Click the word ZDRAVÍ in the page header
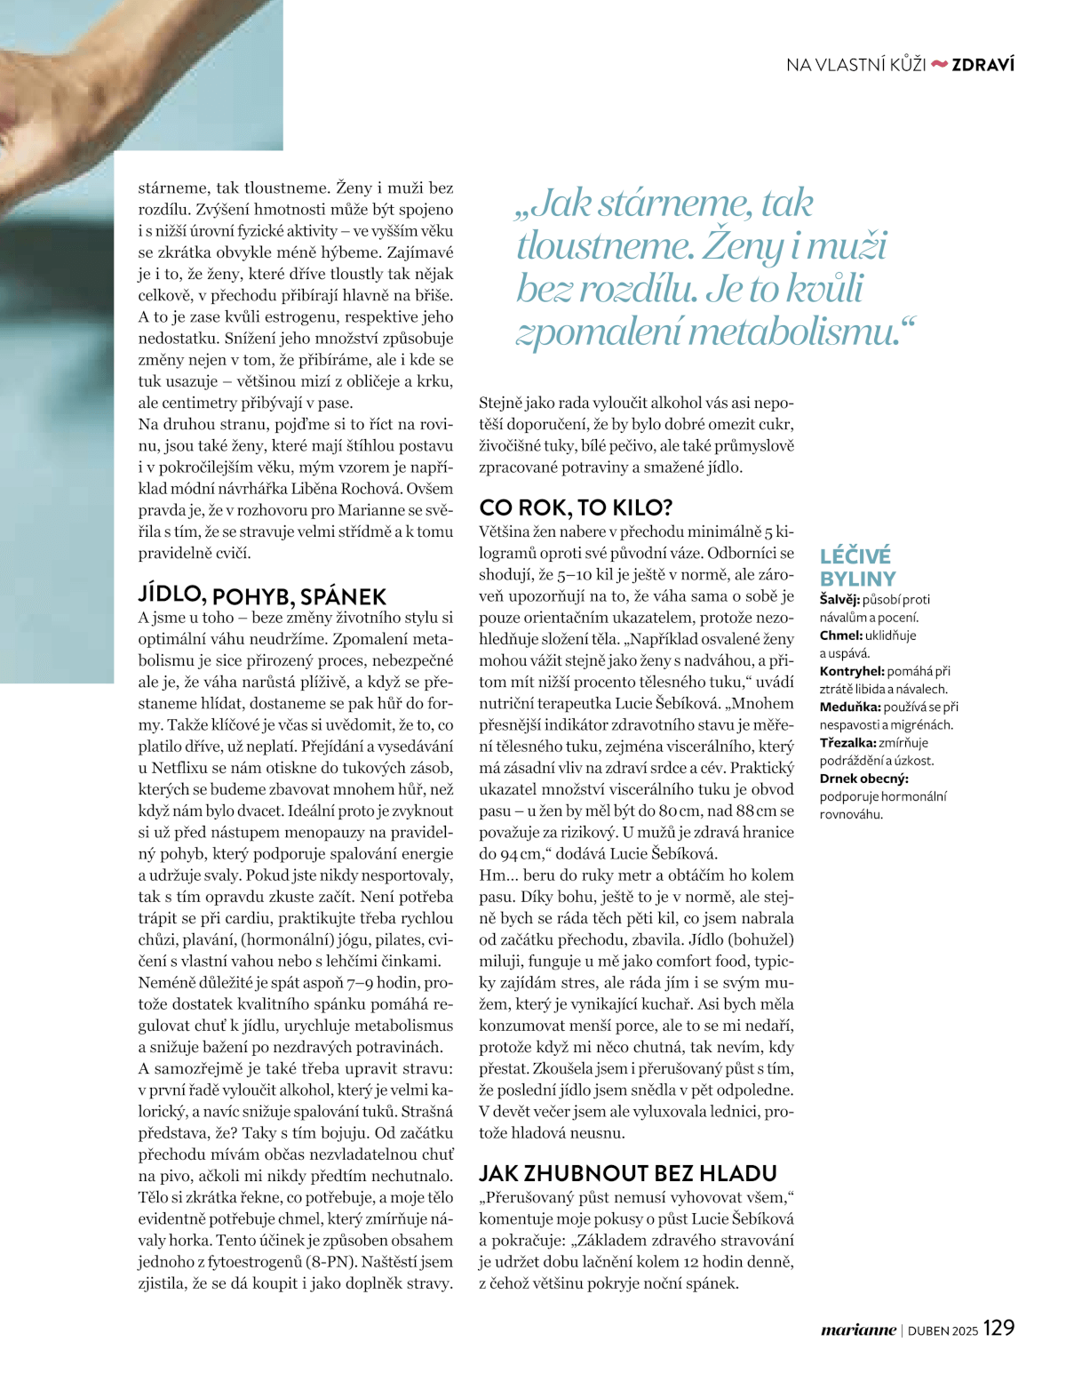pyautogui.click(x=982, y=65)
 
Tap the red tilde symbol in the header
pyautogui.click(x=939, y=64)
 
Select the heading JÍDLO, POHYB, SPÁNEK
pyautogui.click(x=262, y=595)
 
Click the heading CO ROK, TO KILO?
pyautogui.click(x=576, y=507)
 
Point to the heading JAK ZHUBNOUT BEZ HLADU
pyautogui.click(x=628, y=1173)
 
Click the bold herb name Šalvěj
pyautogui.click(x=839, y=600)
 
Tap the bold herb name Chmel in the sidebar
pyautogui.click(x=840, y=635)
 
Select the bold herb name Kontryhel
pyautogui.click(x=851, y=671)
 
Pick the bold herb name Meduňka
pyautogui.click(x=849, y=707)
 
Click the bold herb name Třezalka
pyautogui.click(x=847, y=742)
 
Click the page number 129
pyautogui.click(x=998, y=1328)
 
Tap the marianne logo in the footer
pyautogui.click(x=858, y=1330)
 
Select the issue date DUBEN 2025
pyautogui.click(x=943, y=1330)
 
